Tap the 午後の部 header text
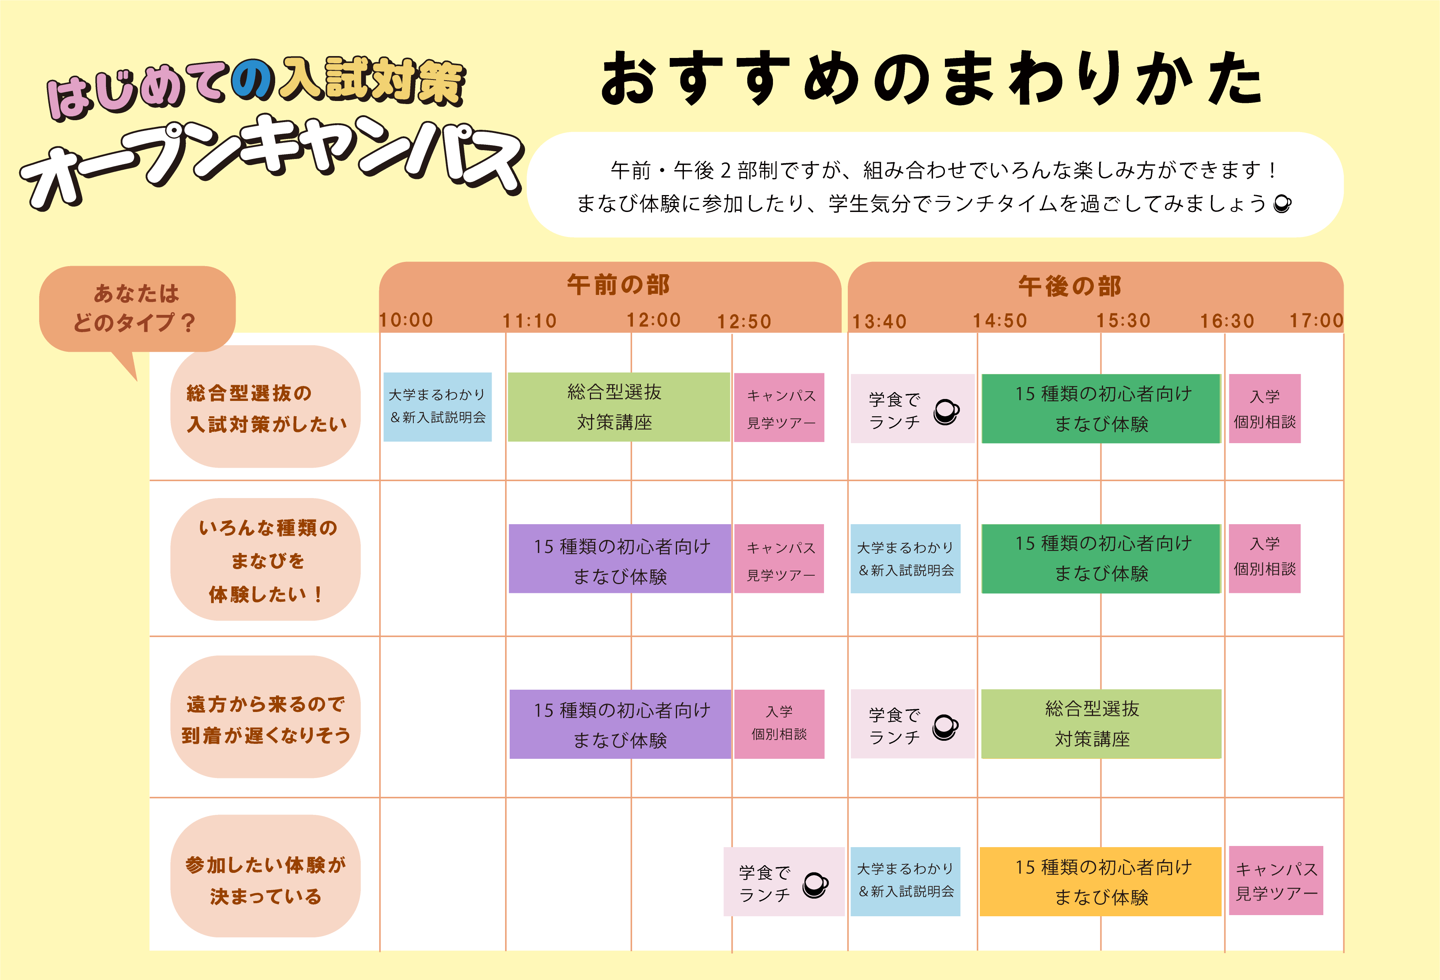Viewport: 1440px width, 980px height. [x=1070, y=286]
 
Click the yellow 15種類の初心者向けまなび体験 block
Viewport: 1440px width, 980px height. [x=1100, y=881]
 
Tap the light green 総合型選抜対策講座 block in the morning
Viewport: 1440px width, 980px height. [x=618, y=407]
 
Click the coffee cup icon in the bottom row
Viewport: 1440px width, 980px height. [x=816, y=884]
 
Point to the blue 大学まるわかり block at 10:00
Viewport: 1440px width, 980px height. [x=438, y=407]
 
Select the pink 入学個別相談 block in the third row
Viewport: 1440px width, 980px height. [x=779, y=724]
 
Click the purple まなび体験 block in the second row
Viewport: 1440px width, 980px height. [x=619, y=558]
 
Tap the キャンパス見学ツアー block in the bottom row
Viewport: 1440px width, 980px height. [x=1276, y=880]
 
